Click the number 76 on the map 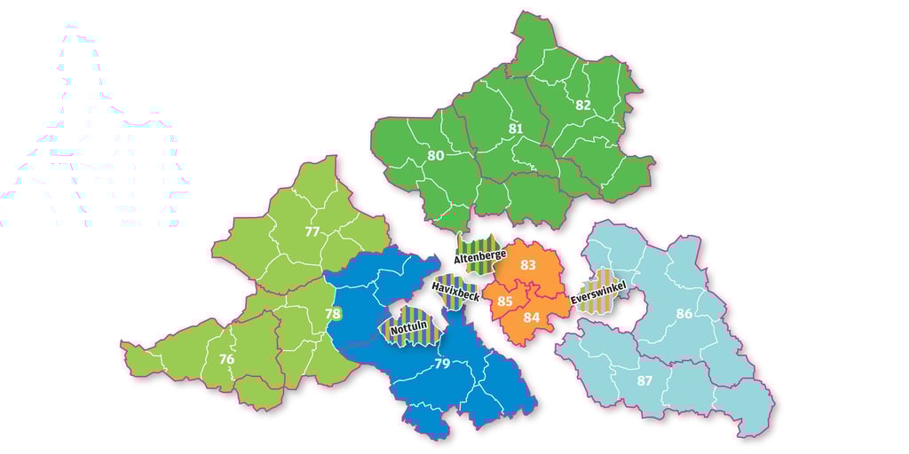226,359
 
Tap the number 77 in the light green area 312,232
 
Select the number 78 333,314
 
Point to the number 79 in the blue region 442,364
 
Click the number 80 435,156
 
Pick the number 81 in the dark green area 516,129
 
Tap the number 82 583,105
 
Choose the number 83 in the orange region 528,265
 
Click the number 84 532,317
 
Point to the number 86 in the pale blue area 684,313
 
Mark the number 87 646,380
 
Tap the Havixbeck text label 455,291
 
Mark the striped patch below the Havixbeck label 453,303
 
